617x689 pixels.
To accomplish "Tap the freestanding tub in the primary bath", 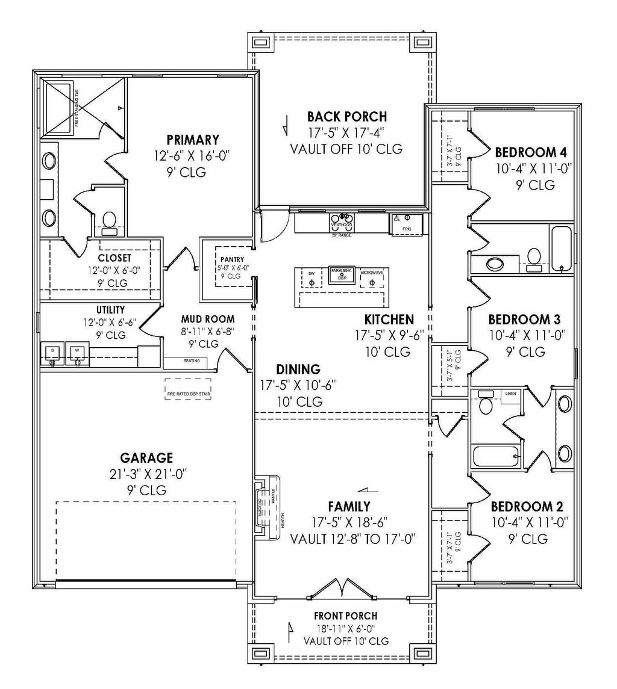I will tap(68, 108).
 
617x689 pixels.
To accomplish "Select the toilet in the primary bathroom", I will tap(109, 220).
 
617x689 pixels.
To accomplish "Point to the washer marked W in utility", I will tap(77, 353).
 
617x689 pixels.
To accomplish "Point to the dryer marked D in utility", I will tap(52, 353).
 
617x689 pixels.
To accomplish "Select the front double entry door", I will tap(342, 589).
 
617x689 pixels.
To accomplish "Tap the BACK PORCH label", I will tap(346, 117).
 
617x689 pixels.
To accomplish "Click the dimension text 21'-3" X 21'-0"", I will tap(145, 474).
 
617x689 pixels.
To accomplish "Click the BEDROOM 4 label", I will tap(530, 152).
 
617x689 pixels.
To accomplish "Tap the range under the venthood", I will tap(341, 224).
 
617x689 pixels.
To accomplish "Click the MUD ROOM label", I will tap(207, 319).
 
